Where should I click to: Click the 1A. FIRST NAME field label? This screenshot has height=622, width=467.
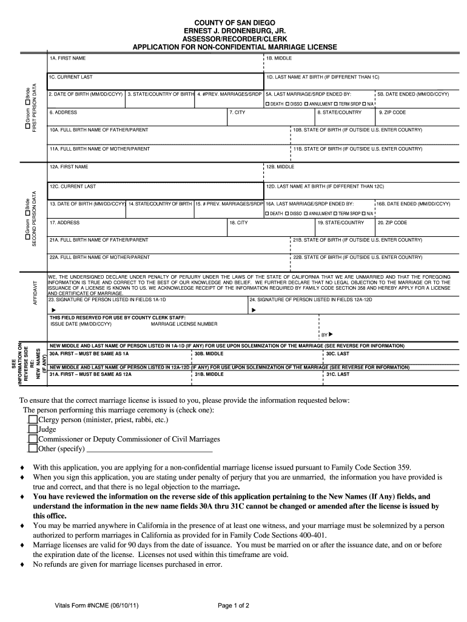point(67,58)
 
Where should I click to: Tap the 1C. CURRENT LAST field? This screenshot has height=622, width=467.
point(155,82)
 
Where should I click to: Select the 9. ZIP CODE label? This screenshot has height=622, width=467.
point(392,112)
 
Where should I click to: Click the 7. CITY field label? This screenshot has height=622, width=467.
point(237,112)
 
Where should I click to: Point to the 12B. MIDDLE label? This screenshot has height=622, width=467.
point(281,166)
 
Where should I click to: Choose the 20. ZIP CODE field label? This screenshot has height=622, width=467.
point(392,222)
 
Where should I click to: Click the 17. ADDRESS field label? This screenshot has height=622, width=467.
point(64,222)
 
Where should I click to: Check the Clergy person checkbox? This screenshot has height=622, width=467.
point(33,419)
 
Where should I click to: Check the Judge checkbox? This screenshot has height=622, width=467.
point(33,429)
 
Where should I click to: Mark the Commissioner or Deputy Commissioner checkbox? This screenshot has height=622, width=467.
point(33,439)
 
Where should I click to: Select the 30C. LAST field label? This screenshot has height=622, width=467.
point(337,353)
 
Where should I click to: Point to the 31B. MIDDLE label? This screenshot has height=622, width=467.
point(209,374)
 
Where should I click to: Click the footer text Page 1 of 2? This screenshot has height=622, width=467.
point(233,605)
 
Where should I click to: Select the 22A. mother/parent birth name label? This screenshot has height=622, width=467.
point(99,257)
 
